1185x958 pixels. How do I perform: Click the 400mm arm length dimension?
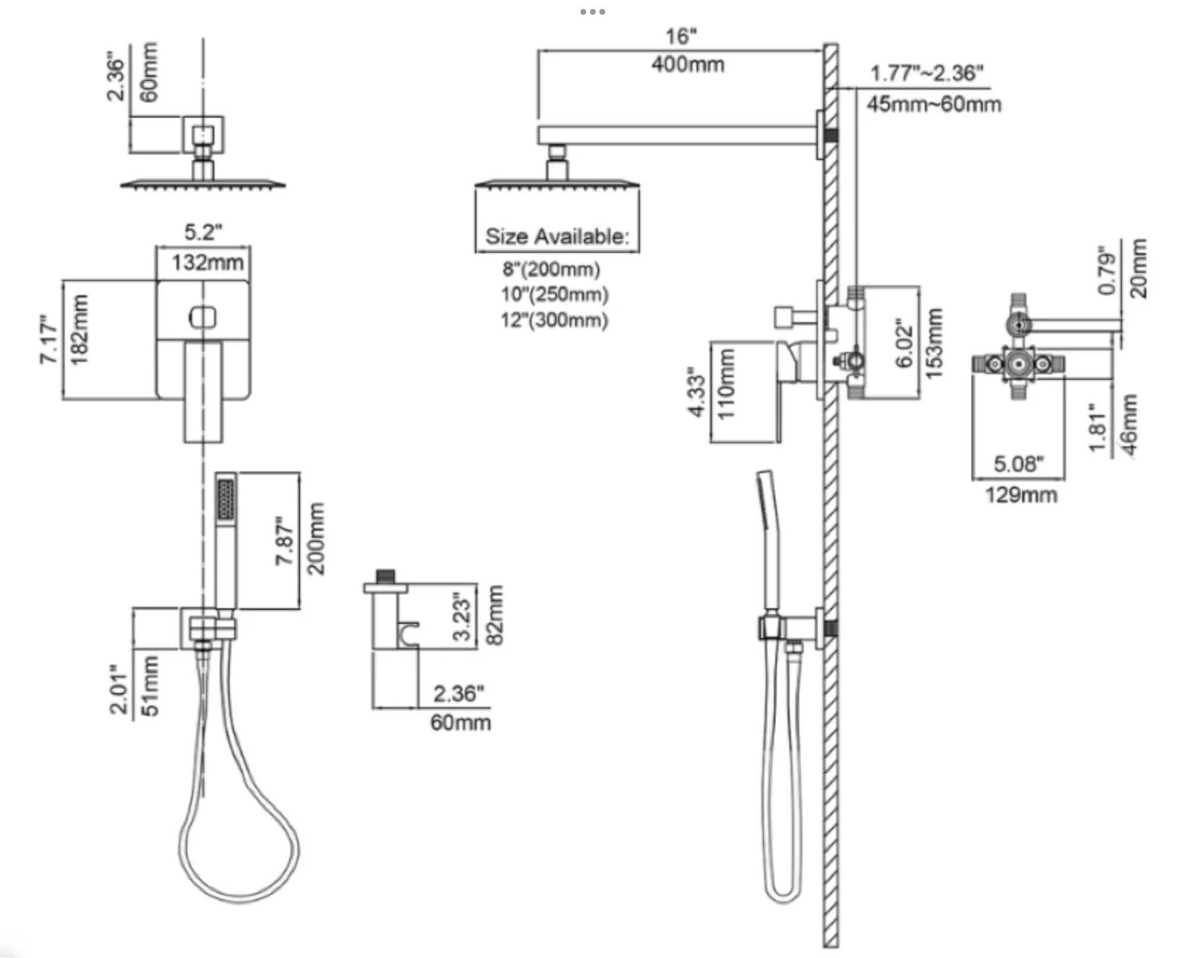pyautogui.click(x=687, y=64)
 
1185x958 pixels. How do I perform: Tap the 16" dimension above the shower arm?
pyautogui.click(x=681, y=37)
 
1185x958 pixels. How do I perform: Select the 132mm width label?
pyautogui.click(x=207, y=262)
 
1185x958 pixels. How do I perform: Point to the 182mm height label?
pyautogui.click(x=79, y=330)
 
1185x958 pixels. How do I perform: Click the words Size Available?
pyautogui.click(x=557, y=237)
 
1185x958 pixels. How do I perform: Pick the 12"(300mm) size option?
pyautogui.click(x=554, y=320)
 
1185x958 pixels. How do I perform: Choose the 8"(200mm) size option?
pyautogui.click(x=551, y=269)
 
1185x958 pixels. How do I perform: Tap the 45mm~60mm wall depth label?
pyautogui.click(x=934, y=104)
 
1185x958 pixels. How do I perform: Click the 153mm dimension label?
pyautogui.click(x=933, y=344)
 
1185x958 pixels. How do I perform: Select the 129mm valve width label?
pyautogui.click(x=1021, y=494)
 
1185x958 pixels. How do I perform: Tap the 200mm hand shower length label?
pyautogui.click(x=316, y=538)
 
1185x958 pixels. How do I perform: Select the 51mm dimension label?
pyautogui.click(x=151, y=686)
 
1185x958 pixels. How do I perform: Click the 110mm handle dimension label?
pyautogui.click(x=725, y=384)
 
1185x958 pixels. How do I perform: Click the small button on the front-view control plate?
pyautogui.click(x=203, y=318)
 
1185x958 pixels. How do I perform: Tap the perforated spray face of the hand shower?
pyautogui.click(x=225, y=500)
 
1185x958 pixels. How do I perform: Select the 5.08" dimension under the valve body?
pyautogui.click(x=1018, y=464)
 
